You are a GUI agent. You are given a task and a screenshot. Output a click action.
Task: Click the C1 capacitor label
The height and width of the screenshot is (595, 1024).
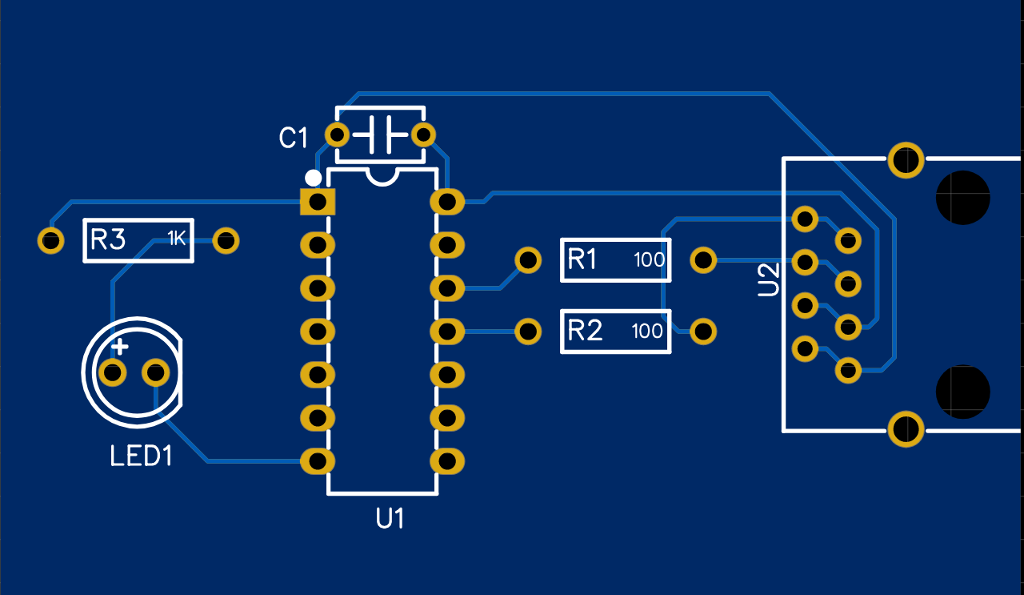click(293, 138)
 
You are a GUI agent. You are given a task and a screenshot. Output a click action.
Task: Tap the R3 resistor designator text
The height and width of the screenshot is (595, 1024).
click(108, 239)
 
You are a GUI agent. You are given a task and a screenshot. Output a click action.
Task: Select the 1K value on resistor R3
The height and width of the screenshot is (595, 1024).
click(176, 238)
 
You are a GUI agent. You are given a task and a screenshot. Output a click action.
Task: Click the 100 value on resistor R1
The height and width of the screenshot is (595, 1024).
click(650, 260)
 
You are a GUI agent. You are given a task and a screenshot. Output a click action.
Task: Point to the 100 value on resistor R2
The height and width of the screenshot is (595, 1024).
click(648, 331)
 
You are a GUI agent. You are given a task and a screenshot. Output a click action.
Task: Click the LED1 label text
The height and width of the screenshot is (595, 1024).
click(141, 457)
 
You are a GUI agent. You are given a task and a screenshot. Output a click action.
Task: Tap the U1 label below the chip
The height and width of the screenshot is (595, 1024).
click(390, 519)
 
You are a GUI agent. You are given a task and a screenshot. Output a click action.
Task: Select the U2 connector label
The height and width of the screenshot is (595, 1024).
click(768, 279)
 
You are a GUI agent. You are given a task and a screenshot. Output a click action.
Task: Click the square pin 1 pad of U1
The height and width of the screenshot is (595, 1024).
click(318, 201)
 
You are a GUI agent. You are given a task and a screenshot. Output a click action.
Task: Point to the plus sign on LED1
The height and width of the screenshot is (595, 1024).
click(120, 348)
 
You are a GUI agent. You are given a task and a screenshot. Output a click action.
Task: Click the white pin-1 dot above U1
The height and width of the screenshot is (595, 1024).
click(314, 178)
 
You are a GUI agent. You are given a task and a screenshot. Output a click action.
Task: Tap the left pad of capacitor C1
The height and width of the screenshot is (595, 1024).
click(338, 134)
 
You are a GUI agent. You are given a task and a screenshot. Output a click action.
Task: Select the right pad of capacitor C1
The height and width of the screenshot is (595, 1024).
click(424, 134)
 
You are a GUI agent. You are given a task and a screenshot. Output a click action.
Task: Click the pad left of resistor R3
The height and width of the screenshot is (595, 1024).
click(50, 240)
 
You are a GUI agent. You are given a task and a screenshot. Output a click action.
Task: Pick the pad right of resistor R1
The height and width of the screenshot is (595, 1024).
click(703, 259)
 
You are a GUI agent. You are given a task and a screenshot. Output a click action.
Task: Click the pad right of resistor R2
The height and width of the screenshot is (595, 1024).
click(703, 331)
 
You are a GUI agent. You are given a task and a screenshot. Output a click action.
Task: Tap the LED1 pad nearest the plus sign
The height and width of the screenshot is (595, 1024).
click(112, 372)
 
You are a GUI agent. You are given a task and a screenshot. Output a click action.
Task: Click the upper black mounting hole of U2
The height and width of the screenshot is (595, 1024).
click(963, 198)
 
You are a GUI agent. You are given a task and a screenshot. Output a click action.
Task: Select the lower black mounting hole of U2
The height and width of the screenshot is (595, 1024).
click(963, 392)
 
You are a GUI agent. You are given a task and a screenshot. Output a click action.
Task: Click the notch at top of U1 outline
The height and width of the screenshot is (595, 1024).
click(382, 176)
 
